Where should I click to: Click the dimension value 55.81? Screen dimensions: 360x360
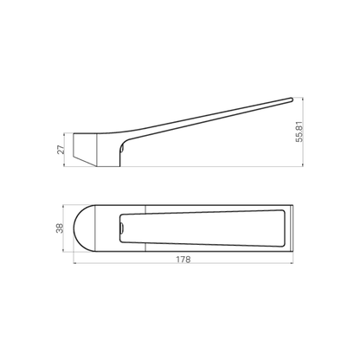pos(298,130)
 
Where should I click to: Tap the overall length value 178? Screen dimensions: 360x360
pos(183,259)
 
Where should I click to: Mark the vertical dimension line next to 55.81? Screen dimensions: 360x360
pos(292,130)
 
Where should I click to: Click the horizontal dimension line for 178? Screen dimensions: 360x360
pos(183,266)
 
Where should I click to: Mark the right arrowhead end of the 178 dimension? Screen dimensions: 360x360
pos(291,266)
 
